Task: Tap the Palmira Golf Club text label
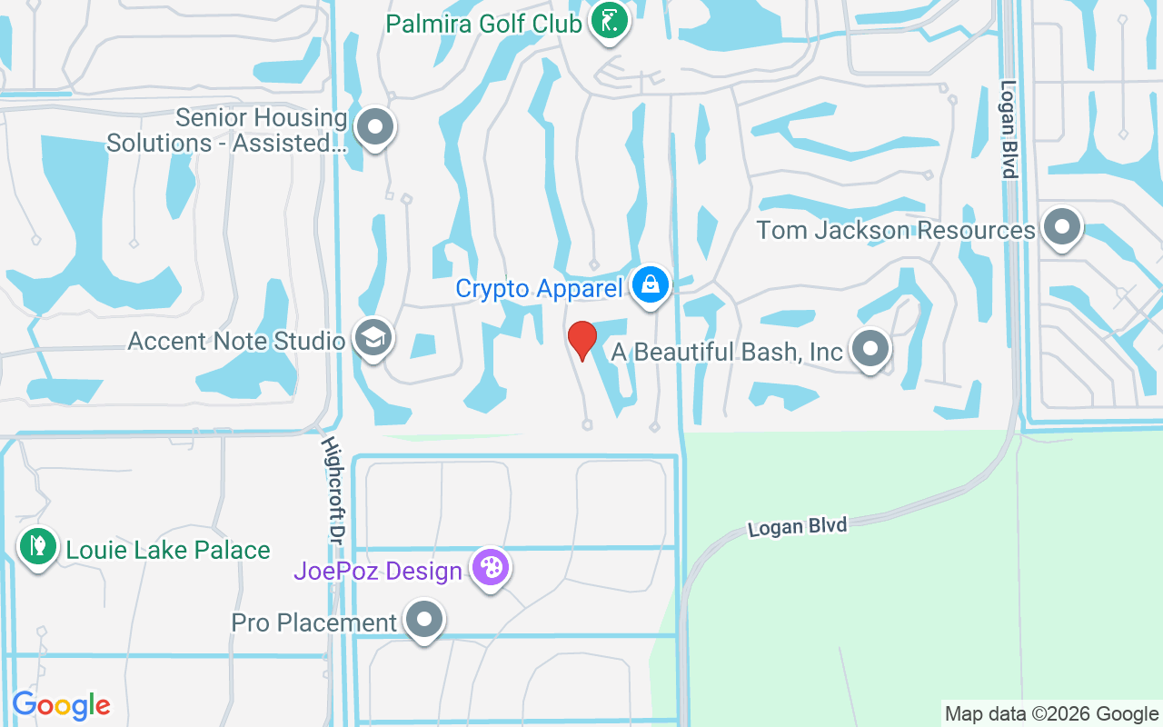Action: click(483, 24)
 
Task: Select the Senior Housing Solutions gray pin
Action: click(374, 128)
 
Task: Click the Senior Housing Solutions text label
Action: click(227, 130)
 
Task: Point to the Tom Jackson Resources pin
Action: click(1061, 228)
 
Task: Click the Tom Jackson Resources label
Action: click(896, 230)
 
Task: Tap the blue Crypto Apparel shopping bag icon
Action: click(651, 286)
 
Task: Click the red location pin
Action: click(581, 340)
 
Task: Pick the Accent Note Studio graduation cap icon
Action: click(373, 338)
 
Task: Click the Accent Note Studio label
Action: click(236, 341)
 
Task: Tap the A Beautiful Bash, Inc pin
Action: click(870, 349)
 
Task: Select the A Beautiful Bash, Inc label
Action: click(727, 352)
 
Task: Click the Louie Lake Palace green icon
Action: click(37, 547)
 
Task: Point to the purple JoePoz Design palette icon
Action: click(491, 569)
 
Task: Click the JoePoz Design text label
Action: click(378, 572)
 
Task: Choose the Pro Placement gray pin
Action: click(423, 621)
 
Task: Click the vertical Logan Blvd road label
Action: click(1009, 129)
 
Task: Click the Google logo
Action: click(61, 705)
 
